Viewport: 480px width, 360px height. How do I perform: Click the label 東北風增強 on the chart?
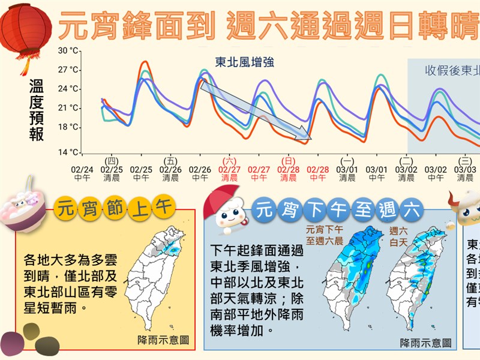[x=244, y=62]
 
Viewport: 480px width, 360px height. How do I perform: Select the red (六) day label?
[x=229, y=161]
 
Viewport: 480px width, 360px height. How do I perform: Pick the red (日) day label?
[x=288, y=161]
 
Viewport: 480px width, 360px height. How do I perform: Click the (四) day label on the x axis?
[x=112, y=161]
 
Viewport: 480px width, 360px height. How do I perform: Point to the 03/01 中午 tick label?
[x=376, y=173]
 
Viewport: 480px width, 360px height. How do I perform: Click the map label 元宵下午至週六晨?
[x=324, y=235]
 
